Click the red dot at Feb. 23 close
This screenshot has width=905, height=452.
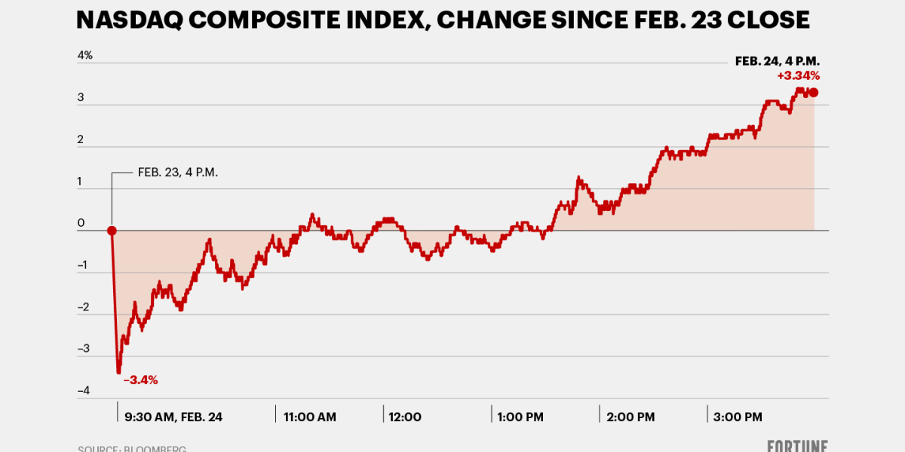[x=112, y=231]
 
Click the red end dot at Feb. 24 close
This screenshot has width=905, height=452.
[x=813, y=93]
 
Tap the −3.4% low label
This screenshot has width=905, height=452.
[x=141, y=380]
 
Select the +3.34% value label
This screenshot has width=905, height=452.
[x=798, y=75]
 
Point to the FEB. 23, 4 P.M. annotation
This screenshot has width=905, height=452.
[x=178, y=173]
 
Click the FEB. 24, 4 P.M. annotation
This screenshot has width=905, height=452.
[x=777, y=61]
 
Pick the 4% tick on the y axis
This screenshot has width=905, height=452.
[x=84, y=56]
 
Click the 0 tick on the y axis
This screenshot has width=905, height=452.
[x=81, y=223]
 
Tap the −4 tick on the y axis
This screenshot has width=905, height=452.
[x=84, y=390]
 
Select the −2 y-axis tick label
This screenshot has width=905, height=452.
[x=84, y=307]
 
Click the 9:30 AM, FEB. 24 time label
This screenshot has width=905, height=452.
[x=173, y=417]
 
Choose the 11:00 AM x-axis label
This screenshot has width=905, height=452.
[x=310, y=417]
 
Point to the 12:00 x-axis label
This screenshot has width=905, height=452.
[x=406, y=417]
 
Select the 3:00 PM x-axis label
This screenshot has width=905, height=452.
[x=737, y=417]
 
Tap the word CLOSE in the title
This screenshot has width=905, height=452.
[x=771, y=20]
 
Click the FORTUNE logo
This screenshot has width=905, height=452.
[x=798, y=446]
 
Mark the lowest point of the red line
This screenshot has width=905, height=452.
[x=118, y=372]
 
